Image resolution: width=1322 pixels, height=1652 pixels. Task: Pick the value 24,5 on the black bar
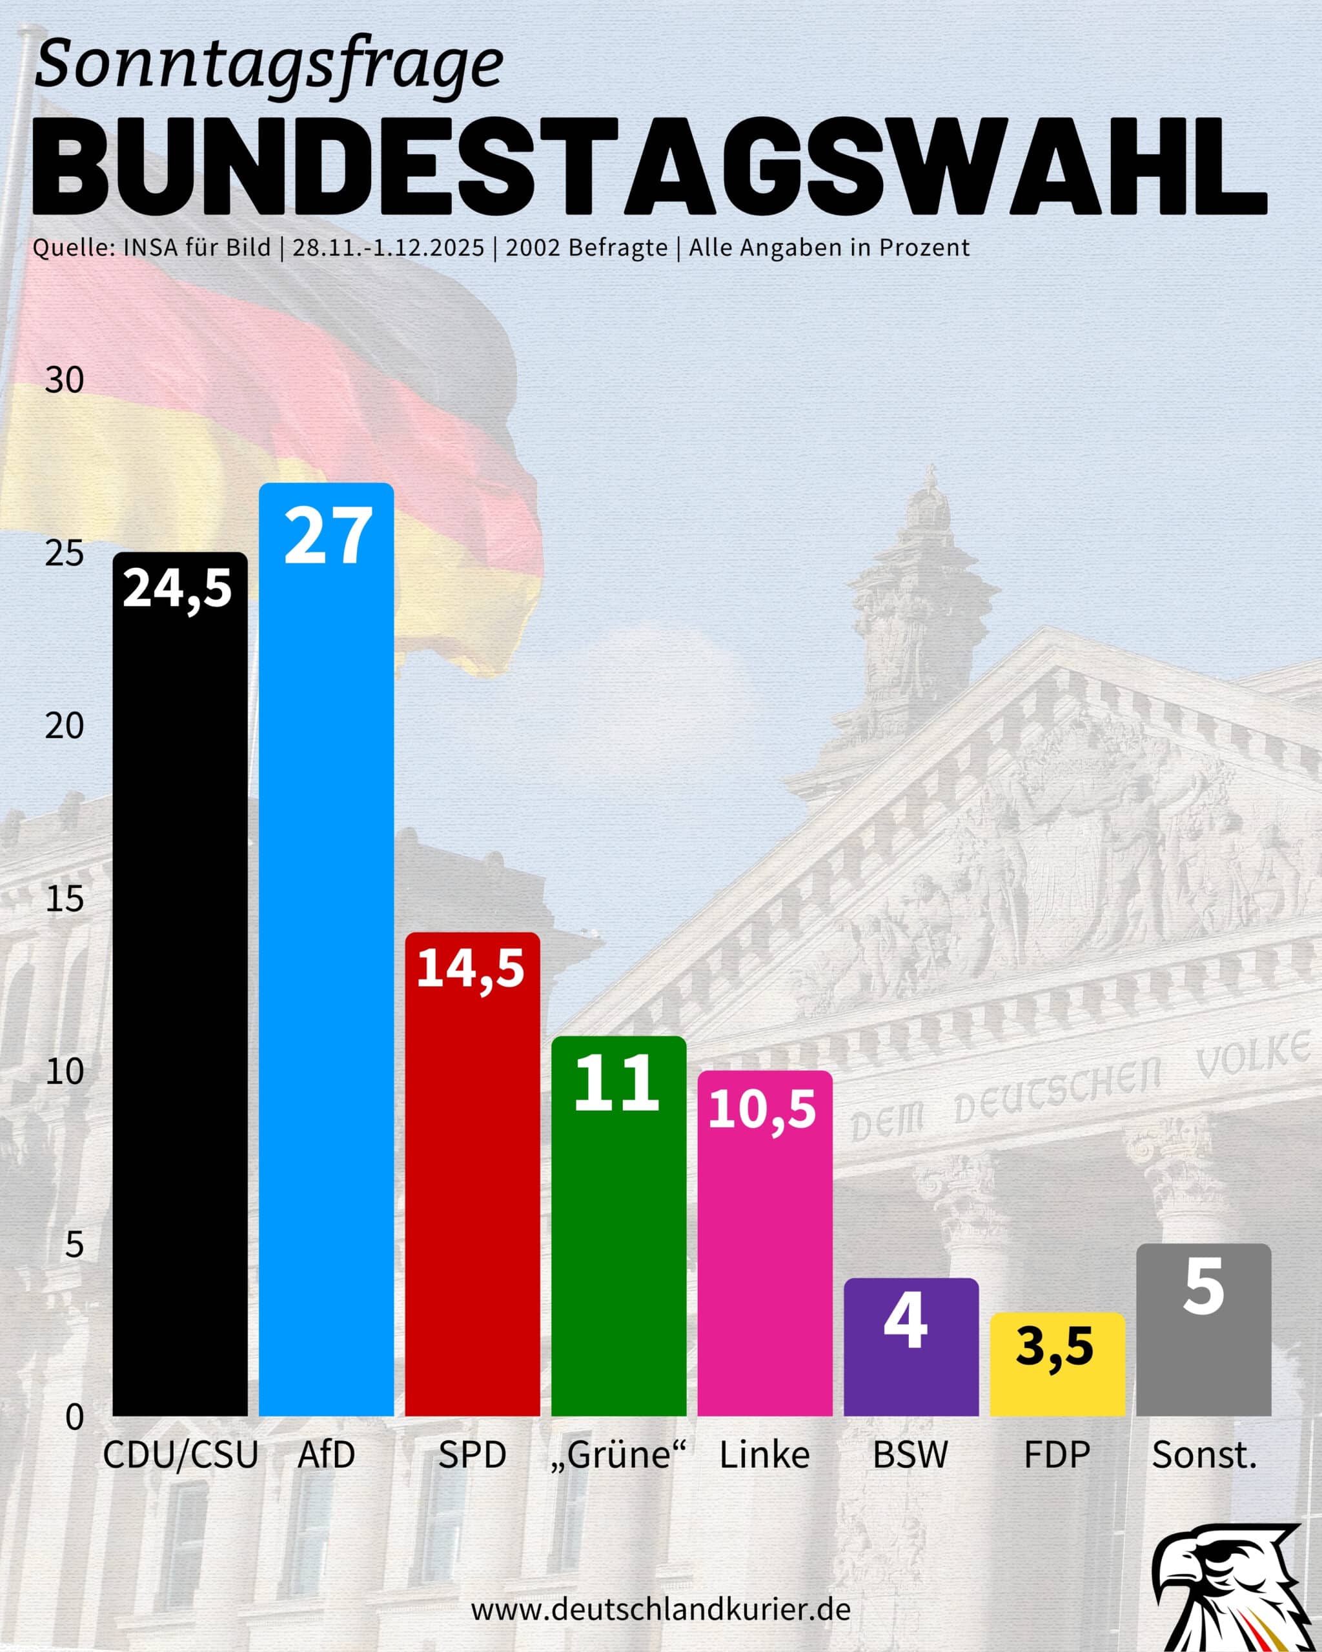(177, 589)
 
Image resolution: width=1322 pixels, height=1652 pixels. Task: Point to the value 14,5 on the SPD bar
(471, 969)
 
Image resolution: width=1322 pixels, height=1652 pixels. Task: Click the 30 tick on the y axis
(65, 380)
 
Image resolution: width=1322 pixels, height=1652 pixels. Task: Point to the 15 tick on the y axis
(65, 899)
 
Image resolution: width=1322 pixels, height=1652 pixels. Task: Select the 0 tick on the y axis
(74, 1418)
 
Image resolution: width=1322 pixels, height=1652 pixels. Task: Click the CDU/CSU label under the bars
(181, 1455)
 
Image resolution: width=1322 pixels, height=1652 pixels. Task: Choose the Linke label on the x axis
(764, 1455)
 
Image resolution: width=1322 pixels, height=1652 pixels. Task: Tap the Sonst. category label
(1204, 1455)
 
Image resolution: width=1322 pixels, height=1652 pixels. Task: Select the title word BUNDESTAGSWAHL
(650, 167)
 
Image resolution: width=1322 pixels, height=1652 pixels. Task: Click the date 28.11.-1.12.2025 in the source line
(389, 248)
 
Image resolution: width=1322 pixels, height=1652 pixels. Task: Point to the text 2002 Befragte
(586, 248)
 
